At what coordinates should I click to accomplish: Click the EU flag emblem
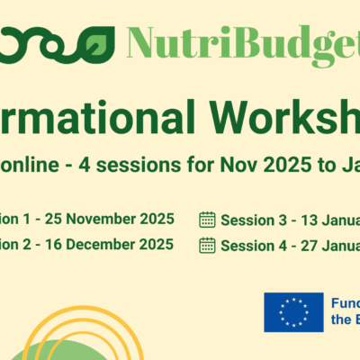click(293, 311)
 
